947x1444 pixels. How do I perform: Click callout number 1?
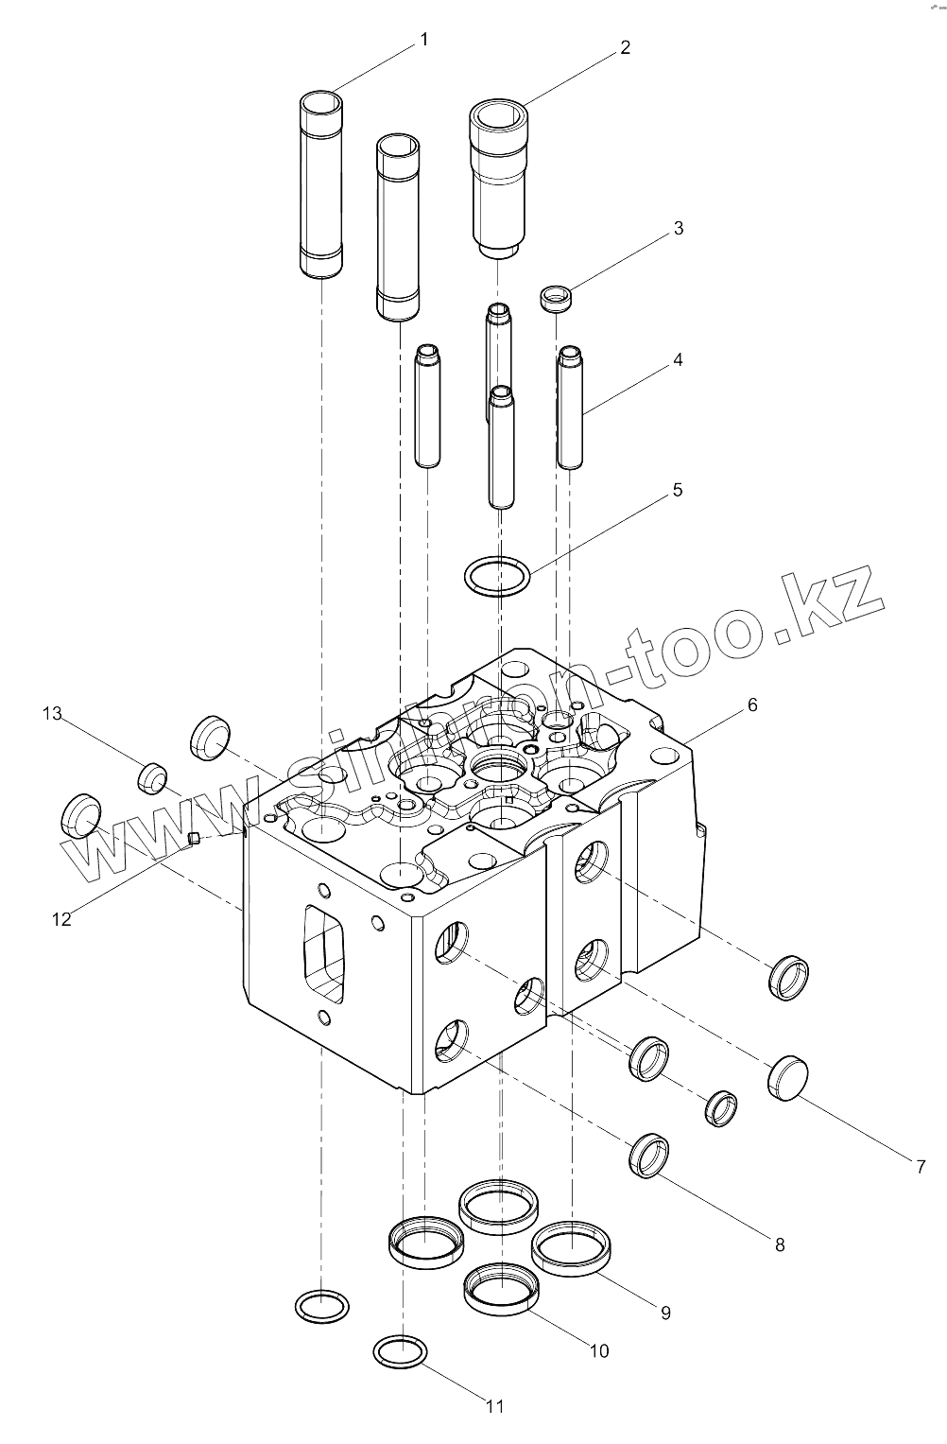424,40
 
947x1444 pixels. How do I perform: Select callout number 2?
625,47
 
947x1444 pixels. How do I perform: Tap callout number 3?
678,228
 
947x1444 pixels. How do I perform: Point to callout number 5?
677,491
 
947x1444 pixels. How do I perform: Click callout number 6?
752,705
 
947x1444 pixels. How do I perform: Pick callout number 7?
921,1167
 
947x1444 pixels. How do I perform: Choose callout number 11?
495,1406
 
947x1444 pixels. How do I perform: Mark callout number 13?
51,714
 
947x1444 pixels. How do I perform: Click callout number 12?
61,918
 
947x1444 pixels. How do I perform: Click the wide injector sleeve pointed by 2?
500,180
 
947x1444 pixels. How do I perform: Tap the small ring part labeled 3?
557,299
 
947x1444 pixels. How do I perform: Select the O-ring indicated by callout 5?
497,575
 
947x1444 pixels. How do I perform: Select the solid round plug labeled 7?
787,1079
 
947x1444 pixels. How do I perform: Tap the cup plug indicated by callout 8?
651,1155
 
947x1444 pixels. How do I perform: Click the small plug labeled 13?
150,777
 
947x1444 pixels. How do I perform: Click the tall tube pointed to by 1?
321,184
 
